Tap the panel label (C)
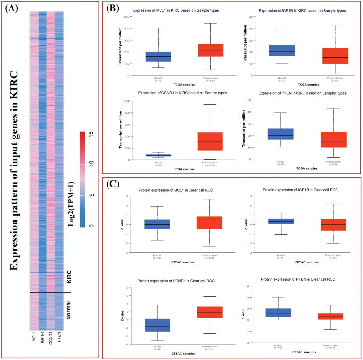(x=113, y=183)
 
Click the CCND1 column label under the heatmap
(x=51, y=336)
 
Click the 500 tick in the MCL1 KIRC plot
(x=133, y=17)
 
